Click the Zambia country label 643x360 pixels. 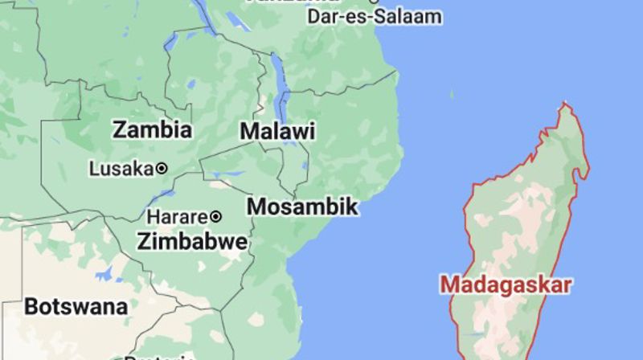[x=152, y=130]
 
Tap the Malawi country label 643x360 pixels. [x=277, y=132]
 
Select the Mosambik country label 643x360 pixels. [x=301, y=207]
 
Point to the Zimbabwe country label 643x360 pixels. [x=191, y=240]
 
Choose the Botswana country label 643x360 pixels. [x=76, y=306]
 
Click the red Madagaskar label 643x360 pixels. [x=506, y=284]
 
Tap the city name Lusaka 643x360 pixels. [x=121, y=169]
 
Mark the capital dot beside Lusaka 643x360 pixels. [x=162, y=169]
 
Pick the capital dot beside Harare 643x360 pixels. [x=215, y=217]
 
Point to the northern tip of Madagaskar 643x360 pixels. [x=567, y=104]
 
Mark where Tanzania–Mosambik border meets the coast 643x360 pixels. [x=397, y=72]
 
